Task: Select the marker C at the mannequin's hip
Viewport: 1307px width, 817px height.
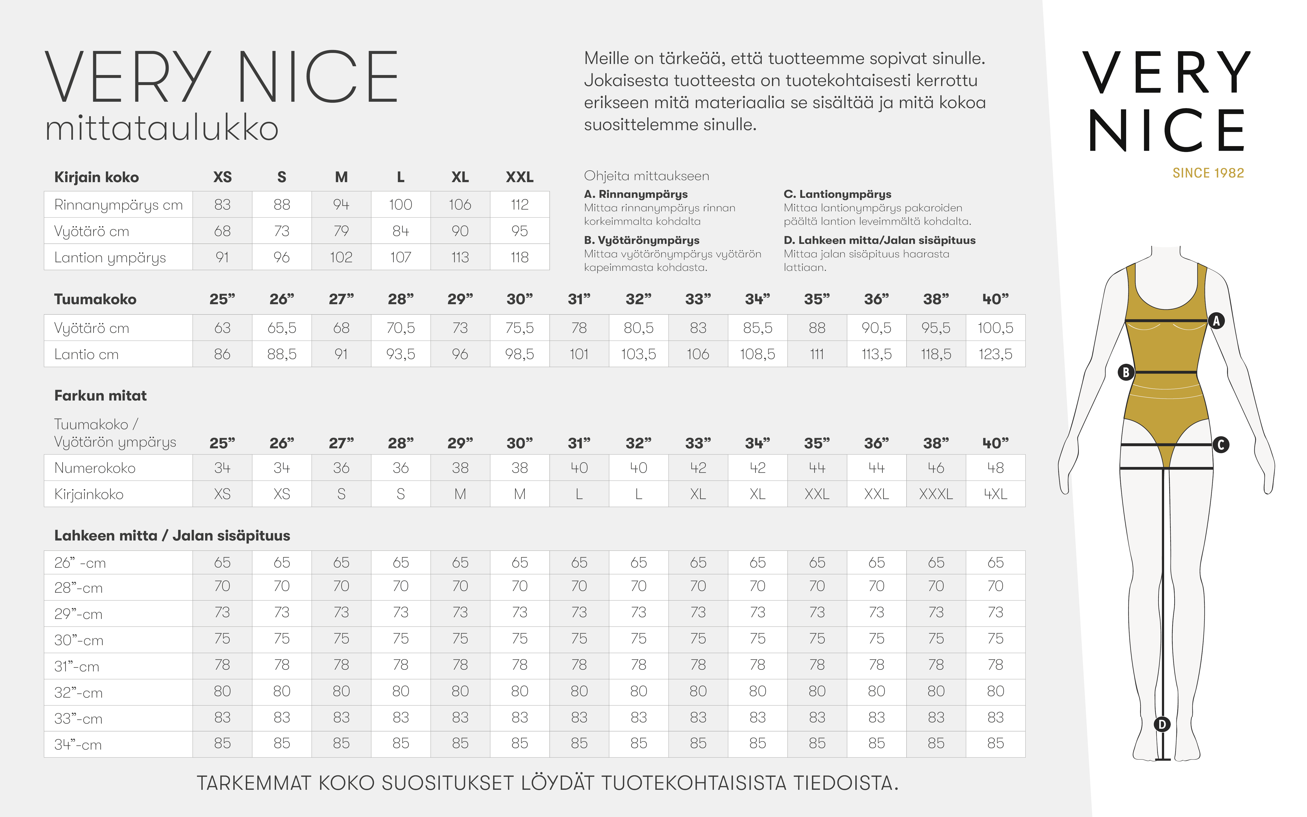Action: point(1220,445)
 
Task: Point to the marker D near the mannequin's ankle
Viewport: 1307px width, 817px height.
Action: point(1162,724)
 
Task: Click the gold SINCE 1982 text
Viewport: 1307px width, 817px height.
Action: point(1208,173)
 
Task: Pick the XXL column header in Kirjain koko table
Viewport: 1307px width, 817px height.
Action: point(520,177)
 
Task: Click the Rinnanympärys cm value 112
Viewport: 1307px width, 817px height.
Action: point(520,205)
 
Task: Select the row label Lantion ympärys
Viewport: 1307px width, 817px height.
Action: point(110,258)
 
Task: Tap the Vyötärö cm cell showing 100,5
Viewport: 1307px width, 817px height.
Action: point(995,328)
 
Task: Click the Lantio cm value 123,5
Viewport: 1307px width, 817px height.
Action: point(995,354)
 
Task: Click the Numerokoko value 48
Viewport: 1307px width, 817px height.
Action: point(995,468)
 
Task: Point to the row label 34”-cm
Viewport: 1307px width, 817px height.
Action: point(78,745)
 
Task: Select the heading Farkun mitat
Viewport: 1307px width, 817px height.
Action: point(100,396)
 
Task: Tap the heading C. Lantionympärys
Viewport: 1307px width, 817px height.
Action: point(837,194)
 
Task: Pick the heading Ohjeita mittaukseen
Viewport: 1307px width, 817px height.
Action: point(647,176)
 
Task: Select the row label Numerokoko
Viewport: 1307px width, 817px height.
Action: point(95,468)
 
